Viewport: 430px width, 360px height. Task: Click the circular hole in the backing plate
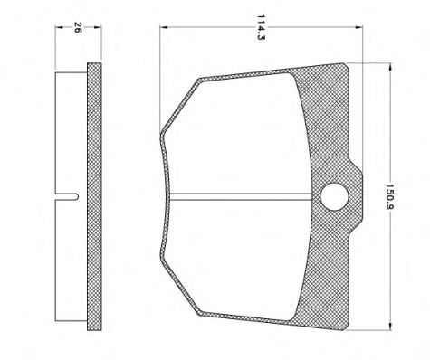pos(333,195)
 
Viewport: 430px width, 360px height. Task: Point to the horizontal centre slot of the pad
pos(244,196)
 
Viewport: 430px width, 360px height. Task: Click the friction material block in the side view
pos(71,136)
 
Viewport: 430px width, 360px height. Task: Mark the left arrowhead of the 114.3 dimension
pos(162,28)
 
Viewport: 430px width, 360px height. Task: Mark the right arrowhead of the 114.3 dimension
pos(348,28)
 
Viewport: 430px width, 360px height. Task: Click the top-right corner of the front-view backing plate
pos(347,63)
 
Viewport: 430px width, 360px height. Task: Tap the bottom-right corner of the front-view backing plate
pos(347,327)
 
